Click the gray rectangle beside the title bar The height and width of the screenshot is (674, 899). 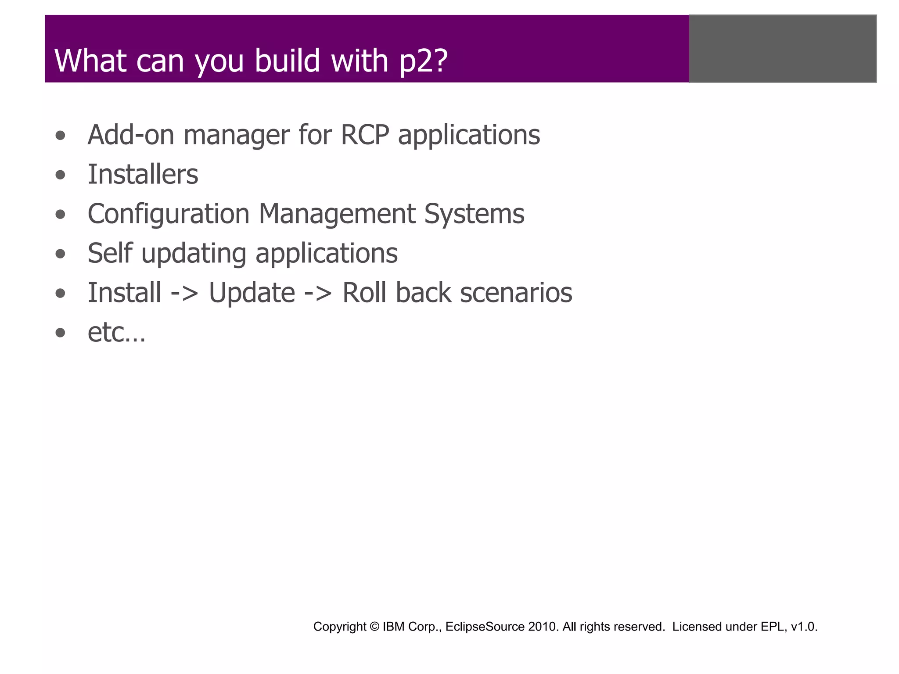[783, 48]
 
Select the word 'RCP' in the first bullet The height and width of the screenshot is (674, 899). [364, 135]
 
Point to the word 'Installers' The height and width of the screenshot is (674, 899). [143, 174]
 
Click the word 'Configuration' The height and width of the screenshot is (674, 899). [168, 214]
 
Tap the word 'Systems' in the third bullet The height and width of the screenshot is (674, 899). [474, 214]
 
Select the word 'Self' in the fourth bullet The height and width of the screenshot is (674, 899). [109, 253]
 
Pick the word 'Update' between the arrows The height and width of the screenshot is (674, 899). [252, 293]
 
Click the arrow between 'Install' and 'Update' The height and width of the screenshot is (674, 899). [184, 293]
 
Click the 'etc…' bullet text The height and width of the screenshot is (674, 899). [116, 332]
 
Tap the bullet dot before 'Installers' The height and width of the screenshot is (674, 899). [61, 175]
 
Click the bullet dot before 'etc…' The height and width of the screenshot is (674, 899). [61, 333]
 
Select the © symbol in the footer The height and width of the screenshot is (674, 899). [374, 626]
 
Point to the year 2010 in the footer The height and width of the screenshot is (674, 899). [543, 626]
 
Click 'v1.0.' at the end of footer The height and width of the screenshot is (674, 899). [804, 627]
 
